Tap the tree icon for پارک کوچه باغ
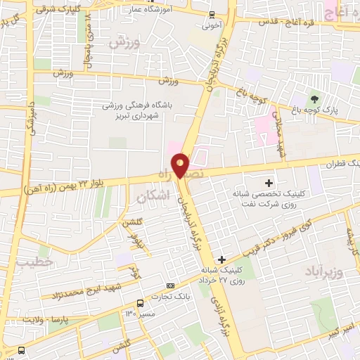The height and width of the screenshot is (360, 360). click(x=314, y=97)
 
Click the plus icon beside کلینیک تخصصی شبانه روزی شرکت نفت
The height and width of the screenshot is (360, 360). click(x=269, y=164)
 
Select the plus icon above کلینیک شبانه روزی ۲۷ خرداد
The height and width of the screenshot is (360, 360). click(x=222, y=259)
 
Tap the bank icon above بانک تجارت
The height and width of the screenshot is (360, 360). click(x=170, y=285)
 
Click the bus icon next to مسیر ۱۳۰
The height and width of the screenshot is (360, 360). click(x=141, y=303)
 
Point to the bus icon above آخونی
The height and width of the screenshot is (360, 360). click(x=212, y=14)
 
